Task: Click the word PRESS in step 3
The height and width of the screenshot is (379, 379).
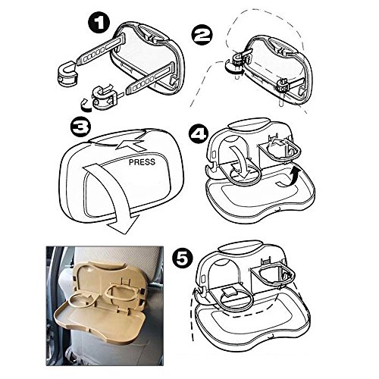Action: tap(142, 162)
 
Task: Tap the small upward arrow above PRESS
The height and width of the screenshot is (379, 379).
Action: tap(130, 145)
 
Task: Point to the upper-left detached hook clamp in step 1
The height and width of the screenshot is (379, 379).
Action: tap(67, 74)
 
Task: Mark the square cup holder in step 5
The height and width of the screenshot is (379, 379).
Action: tap(274, 275)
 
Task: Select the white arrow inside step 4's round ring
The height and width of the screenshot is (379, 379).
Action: tap(241, 165)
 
